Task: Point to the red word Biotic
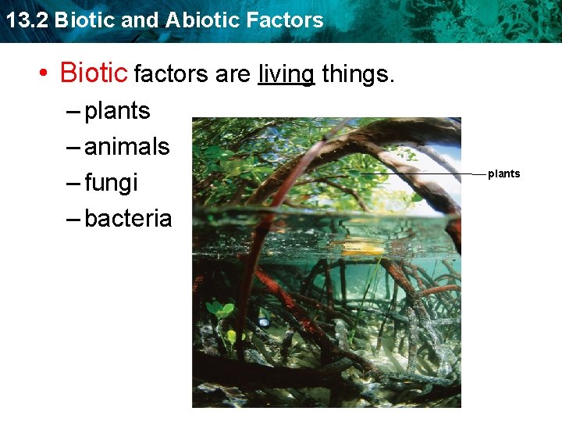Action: (93, 73)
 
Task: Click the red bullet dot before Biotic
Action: (46, 74)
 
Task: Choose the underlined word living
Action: (286, 74)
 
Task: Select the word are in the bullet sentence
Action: (233, 75)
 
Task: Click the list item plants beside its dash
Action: (117, 111)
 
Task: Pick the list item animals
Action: (126, 146)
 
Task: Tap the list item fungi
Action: (111, 183)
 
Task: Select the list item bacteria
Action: (128, 218)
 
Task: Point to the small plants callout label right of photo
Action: (503, 173)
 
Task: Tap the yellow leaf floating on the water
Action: (363, 249)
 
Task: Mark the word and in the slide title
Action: (140, 20)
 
